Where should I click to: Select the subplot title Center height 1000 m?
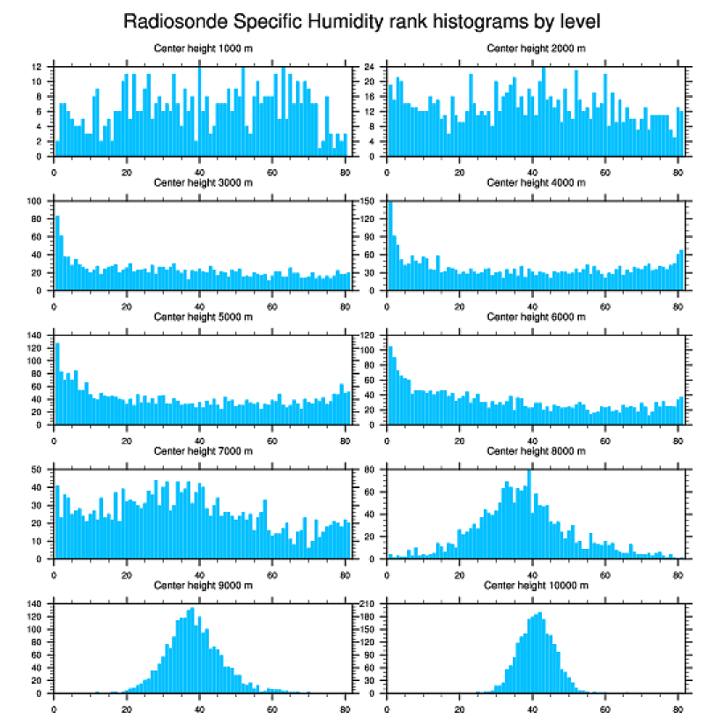coord(203,48)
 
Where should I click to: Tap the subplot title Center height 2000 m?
coord(536,48)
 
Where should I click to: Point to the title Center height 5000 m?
coord(203,317)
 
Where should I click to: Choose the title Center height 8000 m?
coord(536,451)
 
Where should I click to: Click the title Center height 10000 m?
coord(536,585)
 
